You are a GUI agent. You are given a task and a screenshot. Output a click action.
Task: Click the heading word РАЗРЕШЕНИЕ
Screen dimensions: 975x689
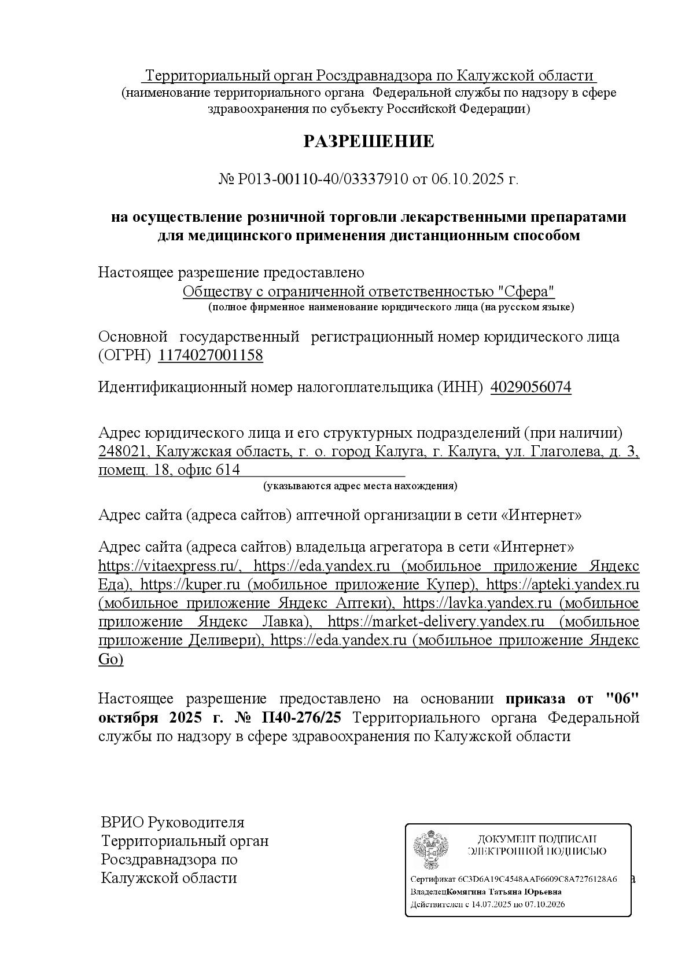click(x=369, y=141)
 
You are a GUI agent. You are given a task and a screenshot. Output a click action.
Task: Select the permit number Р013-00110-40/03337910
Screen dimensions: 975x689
click(x=323, y=179)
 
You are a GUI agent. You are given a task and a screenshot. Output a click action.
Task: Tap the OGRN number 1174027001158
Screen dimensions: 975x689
click(x=211, y=355)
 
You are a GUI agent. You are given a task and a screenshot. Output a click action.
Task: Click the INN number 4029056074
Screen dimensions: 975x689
click(x=530, y=387)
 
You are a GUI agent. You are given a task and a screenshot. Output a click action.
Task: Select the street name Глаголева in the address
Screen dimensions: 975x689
click(x=566, y=452)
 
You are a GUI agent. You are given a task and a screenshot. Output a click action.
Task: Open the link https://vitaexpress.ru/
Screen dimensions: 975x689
click(x=170, y=566)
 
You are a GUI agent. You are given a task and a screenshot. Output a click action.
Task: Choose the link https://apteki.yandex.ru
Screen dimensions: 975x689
click(x=562, y=585)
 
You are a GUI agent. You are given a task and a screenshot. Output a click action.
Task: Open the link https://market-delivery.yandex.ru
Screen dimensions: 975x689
click(x=436, y=622)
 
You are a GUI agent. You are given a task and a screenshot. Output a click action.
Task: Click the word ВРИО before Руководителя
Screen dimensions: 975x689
click(x=122, y=823)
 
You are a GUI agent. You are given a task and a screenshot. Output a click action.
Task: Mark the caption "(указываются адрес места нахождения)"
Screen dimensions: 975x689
click(x=360, y=486)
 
